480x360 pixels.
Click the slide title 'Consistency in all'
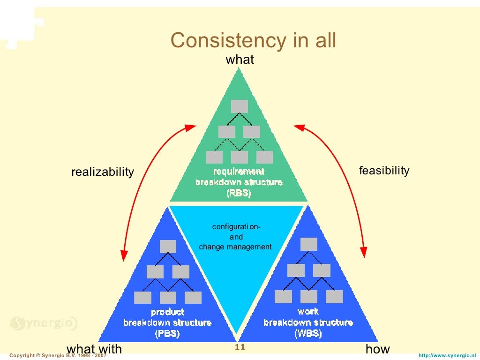tap(253, 41)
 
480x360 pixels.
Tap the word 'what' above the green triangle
tap(240, 60)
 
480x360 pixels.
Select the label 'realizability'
tap(102, 172)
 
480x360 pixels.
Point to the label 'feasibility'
tap(384, 171)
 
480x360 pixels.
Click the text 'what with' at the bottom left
tap(94, 349)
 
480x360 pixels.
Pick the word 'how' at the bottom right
tap(377, 349)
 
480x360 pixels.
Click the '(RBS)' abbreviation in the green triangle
tap(239, 192)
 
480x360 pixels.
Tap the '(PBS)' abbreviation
tap(167, 334)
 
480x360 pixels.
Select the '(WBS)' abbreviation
tap(308, 334)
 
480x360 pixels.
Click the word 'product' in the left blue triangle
tap(167, 312)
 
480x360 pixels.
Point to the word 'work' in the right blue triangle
tap(308, 311)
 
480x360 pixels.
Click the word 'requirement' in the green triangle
tap(239, 172)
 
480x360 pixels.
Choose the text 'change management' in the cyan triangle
tap(235, 247)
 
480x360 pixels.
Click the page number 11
tap(240, 347)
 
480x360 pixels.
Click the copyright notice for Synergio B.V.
tap(58, 356)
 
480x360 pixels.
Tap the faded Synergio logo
tap(44, 323)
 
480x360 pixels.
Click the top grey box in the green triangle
tap(239, 106)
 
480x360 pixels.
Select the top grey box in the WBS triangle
tap(308, 244)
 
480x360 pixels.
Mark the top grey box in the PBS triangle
tap(168, 247)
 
